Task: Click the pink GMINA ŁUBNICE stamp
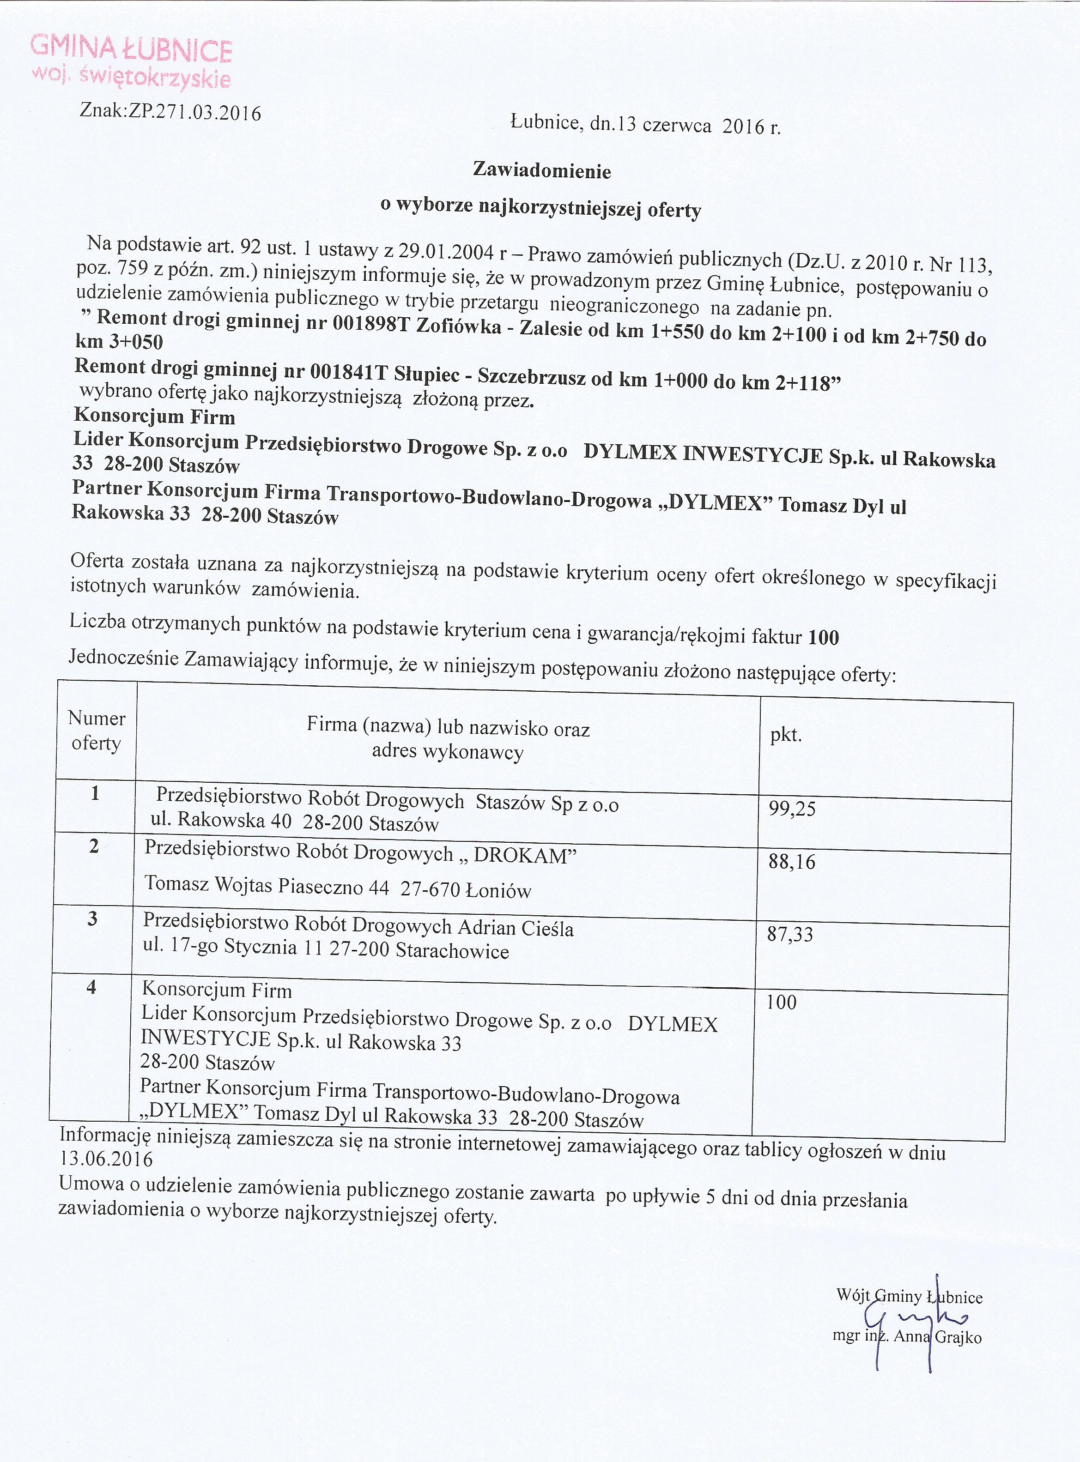(131, 62)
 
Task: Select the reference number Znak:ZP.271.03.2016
(170, 112)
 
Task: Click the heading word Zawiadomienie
(542, 171)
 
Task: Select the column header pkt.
(786, 735)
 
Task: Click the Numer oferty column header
(96, 730)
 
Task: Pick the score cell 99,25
(792, 809)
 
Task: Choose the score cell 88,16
(792, 862)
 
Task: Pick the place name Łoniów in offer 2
(498, 890)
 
